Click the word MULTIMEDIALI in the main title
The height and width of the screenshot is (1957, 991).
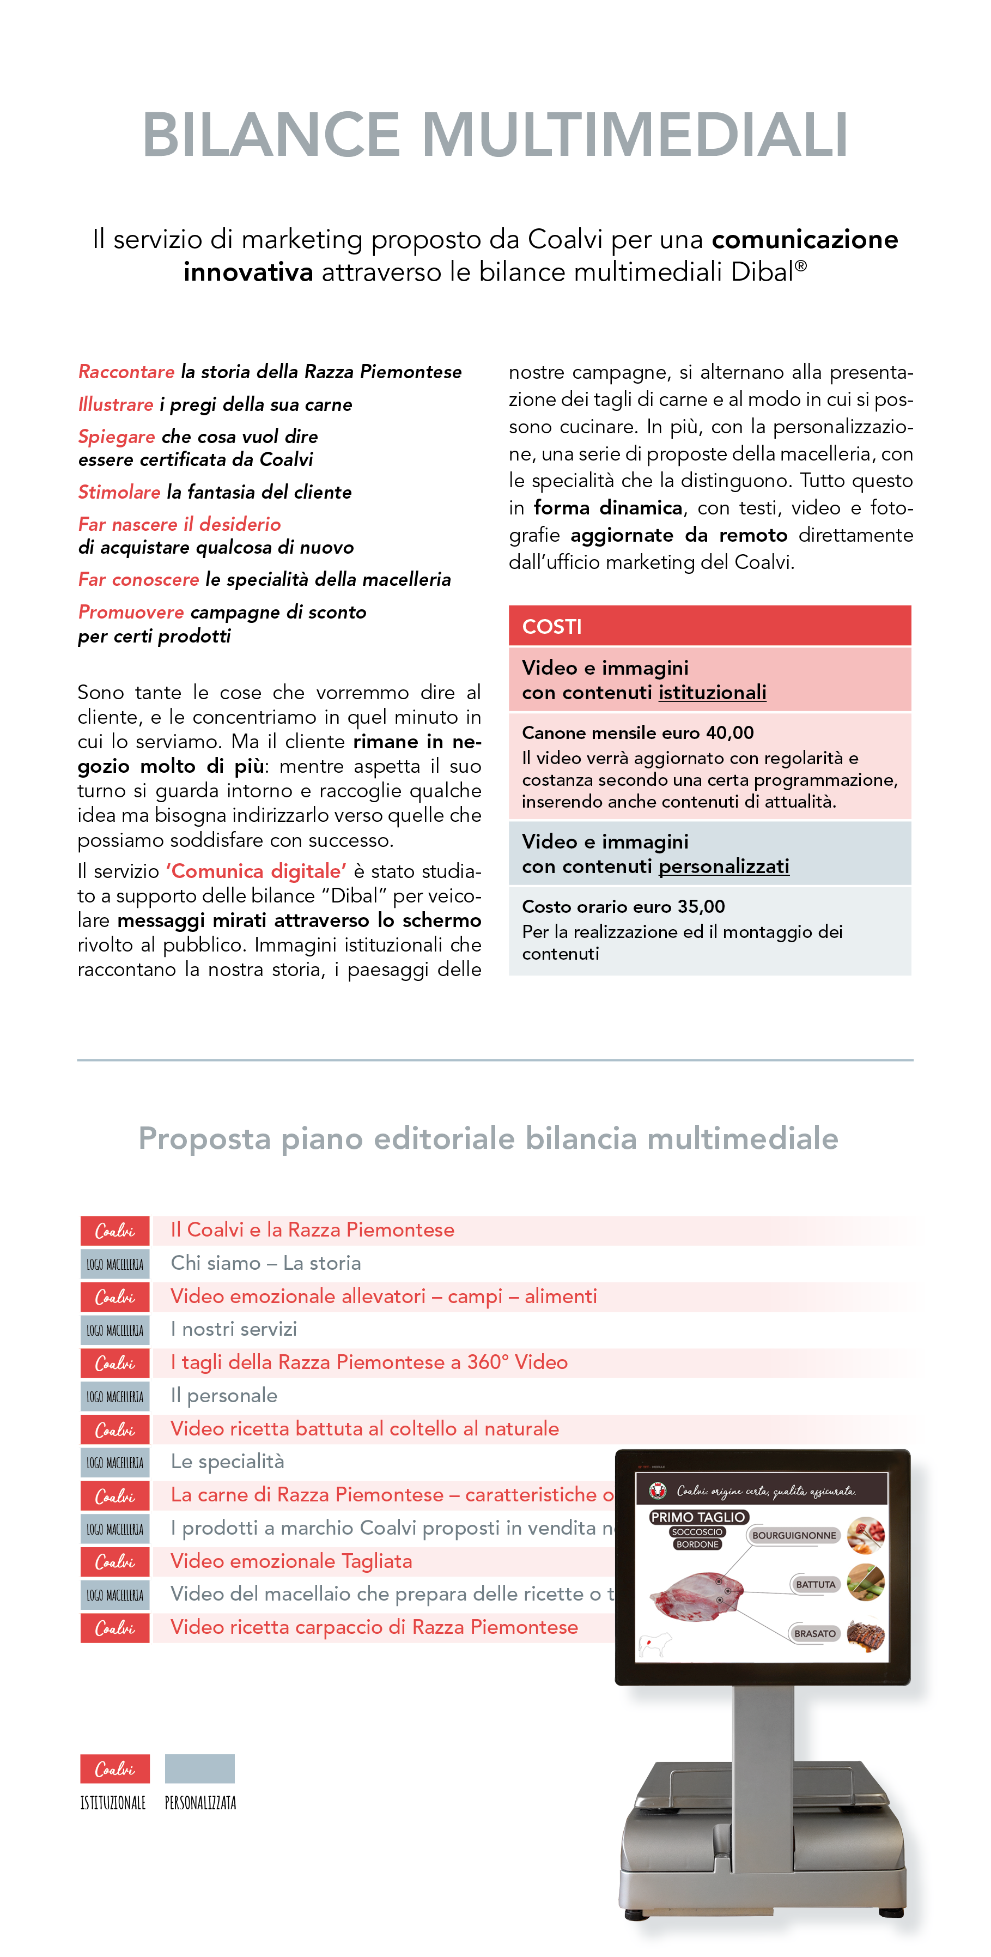click(634, 135)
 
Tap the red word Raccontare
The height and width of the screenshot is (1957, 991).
click(126, 372)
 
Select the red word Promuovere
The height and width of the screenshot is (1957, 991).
click(131, 613)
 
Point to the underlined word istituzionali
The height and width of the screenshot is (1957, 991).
click(712, 693)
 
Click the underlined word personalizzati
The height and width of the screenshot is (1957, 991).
click(723, 867)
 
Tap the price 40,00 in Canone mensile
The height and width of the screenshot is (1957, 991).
click(730, 733)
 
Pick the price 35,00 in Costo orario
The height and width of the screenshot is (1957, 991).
click(701, 907)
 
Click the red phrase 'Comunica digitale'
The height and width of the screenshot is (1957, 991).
click(256, 871)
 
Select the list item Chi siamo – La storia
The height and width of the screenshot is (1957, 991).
click(266, 1263)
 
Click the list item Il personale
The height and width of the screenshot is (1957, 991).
click(224, 1396)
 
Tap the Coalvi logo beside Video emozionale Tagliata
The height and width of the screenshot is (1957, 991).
click(114, 1562)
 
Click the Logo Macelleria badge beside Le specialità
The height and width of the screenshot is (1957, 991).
click(114, 1462)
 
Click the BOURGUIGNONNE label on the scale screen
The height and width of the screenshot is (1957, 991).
click(794, 1535)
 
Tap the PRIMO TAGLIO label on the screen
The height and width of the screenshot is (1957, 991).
click(697, 1517)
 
